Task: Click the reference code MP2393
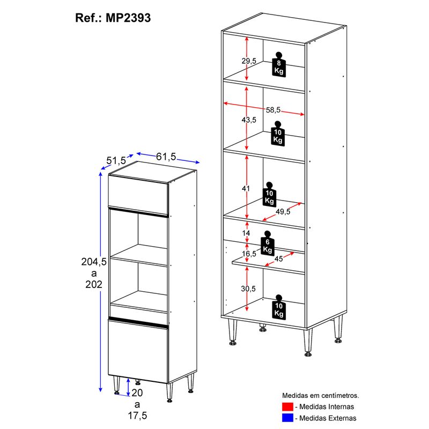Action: [x=128, y=18]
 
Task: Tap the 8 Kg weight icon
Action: [x=279, y=64]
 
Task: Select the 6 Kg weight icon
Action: [x=267, y=243]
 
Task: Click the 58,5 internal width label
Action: [x=273, y=110]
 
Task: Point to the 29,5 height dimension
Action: [x=249, y=61]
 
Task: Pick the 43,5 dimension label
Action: [x=249, y=120]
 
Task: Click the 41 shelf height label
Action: [x=246, y=188]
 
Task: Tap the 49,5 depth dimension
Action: [x=283, y=211]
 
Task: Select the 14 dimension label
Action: [x=246, y=233]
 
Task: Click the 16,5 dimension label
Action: [x=249, y=254]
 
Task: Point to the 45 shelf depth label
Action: [x=278, y=258]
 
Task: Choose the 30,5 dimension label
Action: [x=248, y=289]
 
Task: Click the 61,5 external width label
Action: [x=166, y=157]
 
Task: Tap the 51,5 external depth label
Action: [x=116, y=160]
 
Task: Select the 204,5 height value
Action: [x=94, y=262]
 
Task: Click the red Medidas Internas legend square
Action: [x=287, y=406]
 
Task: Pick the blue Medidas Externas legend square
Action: [x=287, y=418]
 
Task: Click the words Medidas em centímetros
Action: [x=320, y=395]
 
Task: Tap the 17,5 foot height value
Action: [x=137, y=415]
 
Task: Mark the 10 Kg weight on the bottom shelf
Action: [x=279, y=307]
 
